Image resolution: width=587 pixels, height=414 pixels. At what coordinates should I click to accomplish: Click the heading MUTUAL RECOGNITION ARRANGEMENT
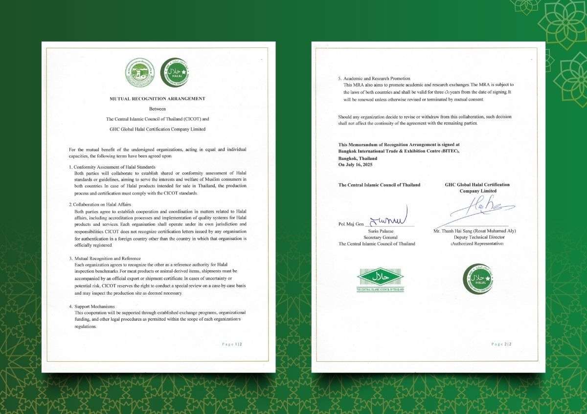click(x=157, y=99)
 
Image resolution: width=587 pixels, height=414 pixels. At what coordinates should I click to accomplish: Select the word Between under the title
click(x=157, y=109)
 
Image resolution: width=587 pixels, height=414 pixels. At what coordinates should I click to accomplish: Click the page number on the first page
click(x=232, y=344)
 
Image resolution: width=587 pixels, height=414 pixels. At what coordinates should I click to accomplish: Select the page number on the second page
click(x=501, y=344)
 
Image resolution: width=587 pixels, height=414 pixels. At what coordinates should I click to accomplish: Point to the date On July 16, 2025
click(x=358, y=165)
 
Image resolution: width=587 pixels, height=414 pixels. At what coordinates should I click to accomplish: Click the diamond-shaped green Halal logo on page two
click(x=380, y=278)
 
